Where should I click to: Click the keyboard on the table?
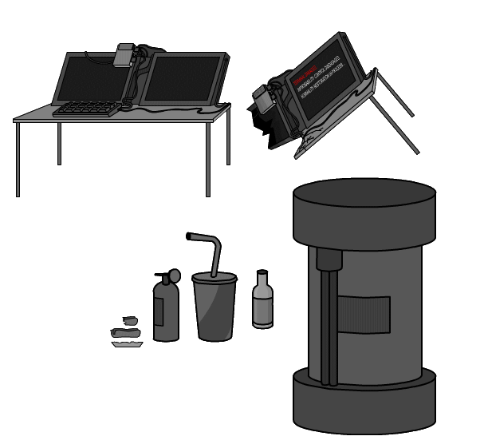point(86,108)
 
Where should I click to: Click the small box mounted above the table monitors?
point(124,56)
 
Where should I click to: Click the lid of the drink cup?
point(214,278)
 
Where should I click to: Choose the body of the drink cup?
point(214,311)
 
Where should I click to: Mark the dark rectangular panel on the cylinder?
point(364,315)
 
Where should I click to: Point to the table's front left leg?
point(18,160)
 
